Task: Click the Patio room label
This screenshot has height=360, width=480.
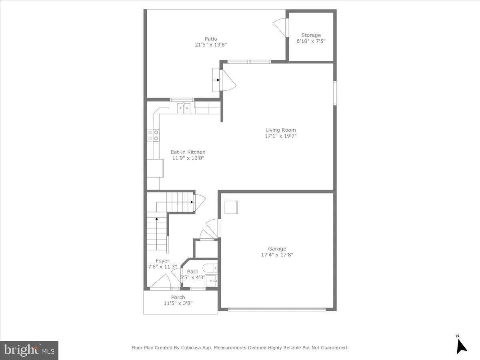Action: pos(211,39)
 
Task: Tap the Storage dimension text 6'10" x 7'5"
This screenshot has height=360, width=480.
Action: pos(311,42)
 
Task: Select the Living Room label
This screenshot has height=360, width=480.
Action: pos(280,130)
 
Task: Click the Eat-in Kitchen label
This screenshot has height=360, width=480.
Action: pos(188,152)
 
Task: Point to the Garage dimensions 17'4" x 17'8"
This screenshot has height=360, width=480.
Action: pos(277,255)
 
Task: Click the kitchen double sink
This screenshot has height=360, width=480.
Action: pos(184,108)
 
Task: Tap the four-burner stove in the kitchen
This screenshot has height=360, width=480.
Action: pos(153,135)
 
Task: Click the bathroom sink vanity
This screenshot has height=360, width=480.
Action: pos(212,280)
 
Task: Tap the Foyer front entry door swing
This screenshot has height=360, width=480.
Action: pos(162,281)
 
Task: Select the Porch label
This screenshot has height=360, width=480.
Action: pos(178,297)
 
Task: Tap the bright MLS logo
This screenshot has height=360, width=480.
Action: pos(29,350)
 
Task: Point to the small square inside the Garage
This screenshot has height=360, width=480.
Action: pos(231,208)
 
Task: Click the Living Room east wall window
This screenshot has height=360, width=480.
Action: pos(335,93)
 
